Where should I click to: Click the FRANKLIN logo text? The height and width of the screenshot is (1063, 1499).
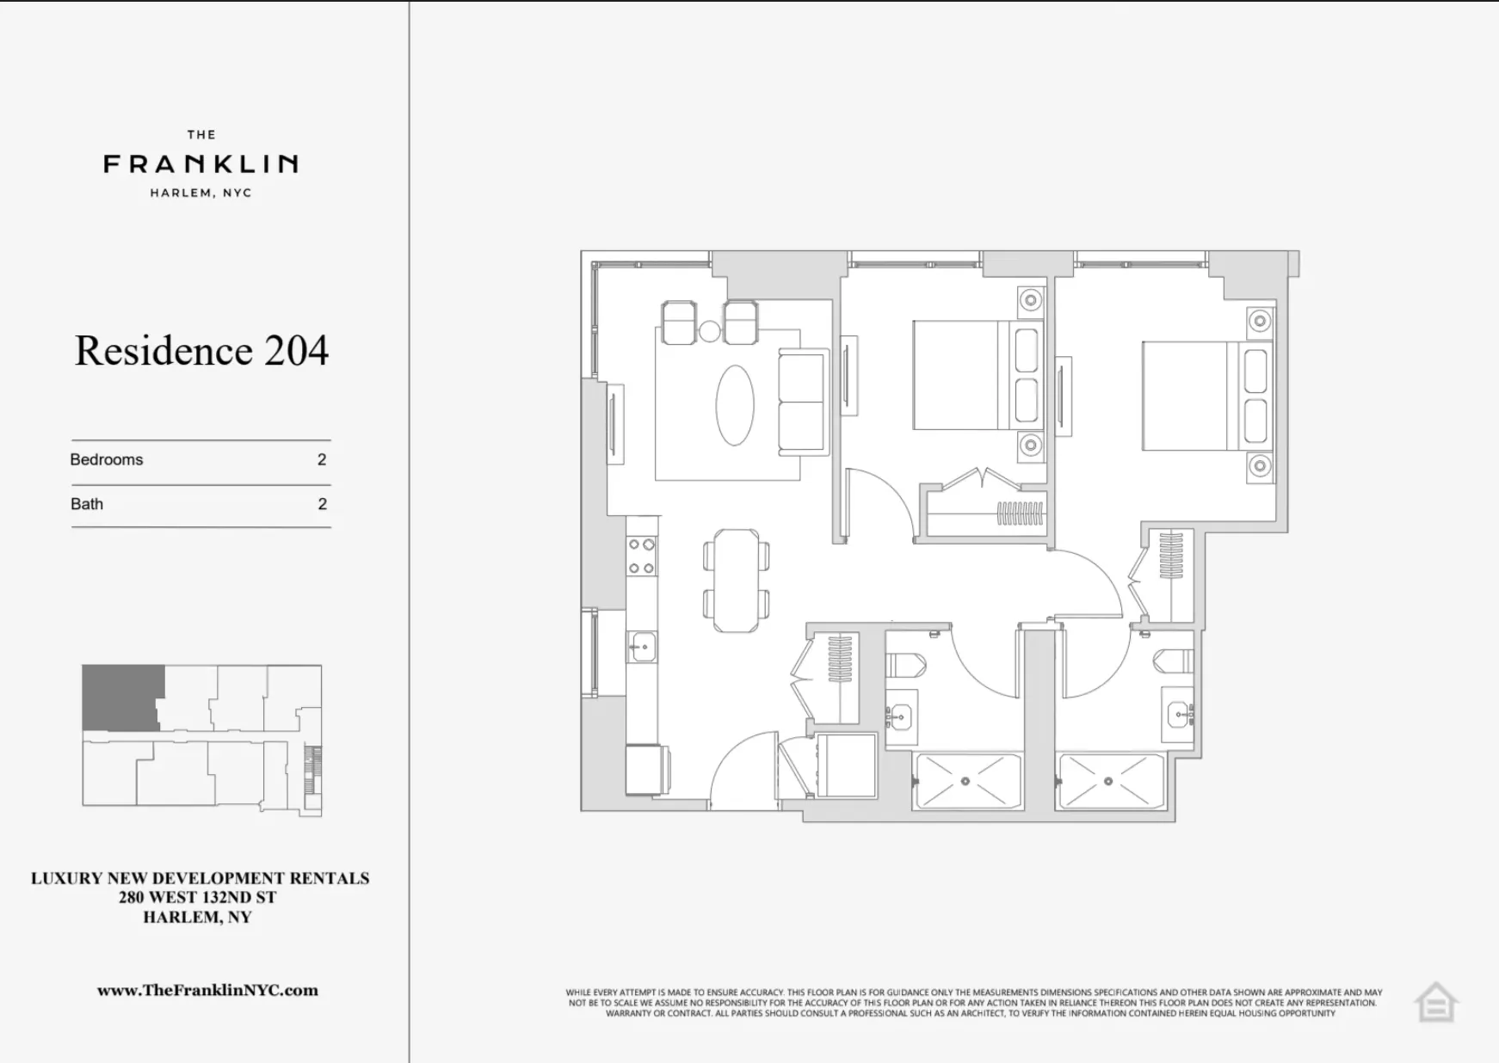pyautogui.click(x=200, y=163)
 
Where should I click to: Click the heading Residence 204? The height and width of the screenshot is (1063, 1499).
pyautogui.click(x=201, y=351)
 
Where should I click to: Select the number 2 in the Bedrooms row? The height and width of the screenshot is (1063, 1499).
pyautogui.click(x=322, y=460)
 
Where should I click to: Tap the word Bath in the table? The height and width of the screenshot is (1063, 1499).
pyautogui.click(x=87, y=505)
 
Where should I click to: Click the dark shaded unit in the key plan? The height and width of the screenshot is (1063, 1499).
pyautogui.click(x=121, y=696)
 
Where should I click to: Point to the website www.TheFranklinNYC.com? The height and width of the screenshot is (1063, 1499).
pyautogui.click(x=207, y=990)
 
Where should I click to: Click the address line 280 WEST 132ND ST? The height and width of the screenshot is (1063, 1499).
pyautogui.click(x=198, y=898)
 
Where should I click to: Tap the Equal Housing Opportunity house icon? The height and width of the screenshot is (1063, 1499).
pyautogui.click(x=1435, y=1003)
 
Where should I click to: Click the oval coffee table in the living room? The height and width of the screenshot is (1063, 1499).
pyautogui.click(x=735, y=405)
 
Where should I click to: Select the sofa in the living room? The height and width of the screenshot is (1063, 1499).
pyautogui.click(x=802, y=402)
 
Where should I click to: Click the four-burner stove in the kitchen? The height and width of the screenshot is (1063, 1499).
pyautogui.click(x=641, y=556)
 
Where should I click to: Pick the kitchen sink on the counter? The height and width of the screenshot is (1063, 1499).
pyautogui.click(x=641, y=647)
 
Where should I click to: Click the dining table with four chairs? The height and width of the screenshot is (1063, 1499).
pyautogui.click(x=736, y=581)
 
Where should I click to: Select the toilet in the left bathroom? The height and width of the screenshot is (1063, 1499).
pyautogui.click(x=907, y=665)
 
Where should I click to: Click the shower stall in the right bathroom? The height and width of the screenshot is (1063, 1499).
pyautogui.click(x=1110, y=782)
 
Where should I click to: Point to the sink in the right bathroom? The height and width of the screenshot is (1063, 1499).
pyautogui.click(x=1179, y=715)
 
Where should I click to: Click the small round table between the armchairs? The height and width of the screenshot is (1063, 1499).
pyautogui.click(x=709, y=331)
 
